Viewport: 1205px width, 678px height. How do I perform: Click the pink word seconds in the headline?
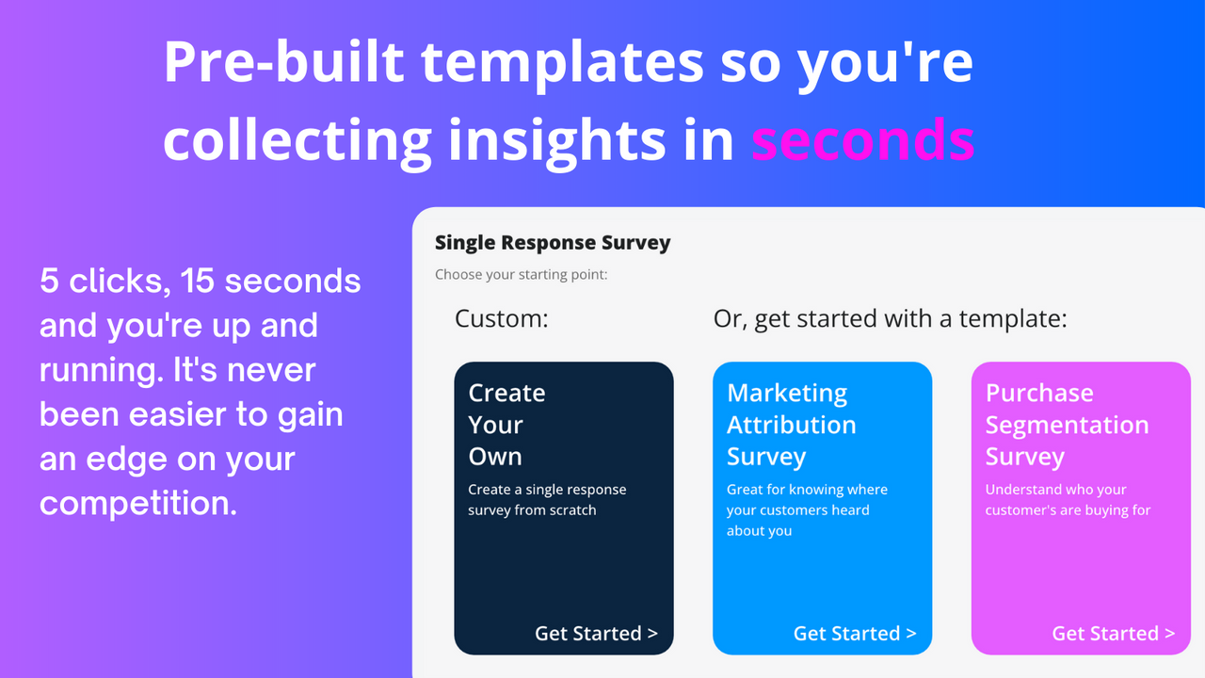862,139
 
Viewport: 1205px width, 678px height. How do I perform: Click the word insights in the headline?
591,139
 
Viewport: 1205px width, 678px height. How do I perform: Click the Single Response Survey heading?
553,242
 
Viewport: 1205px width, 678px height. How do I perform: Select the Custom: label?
501,318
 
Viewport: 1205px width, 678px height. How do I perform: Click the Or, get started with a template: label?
890,318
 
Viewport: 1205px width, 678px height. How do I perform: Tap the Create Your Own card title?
506,424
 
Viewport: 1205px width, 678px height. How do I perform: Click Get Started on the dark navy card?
596,633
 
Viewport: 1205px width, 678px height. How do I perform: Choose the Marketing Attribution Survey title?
791,424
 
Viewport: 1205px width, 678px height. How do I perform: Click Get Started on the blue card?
855,633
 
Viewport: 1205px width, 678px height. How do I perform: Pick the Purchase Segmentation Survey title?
1067,424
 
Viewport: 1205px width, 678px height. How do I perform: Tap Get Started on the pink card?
1113,633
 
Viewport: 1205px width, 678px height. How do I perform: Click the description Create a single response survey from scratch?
547,499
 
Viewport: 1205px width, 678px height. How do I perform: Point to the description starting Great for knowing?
807,509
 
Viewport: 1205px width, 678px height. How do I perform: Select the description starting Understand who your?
1068,499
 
